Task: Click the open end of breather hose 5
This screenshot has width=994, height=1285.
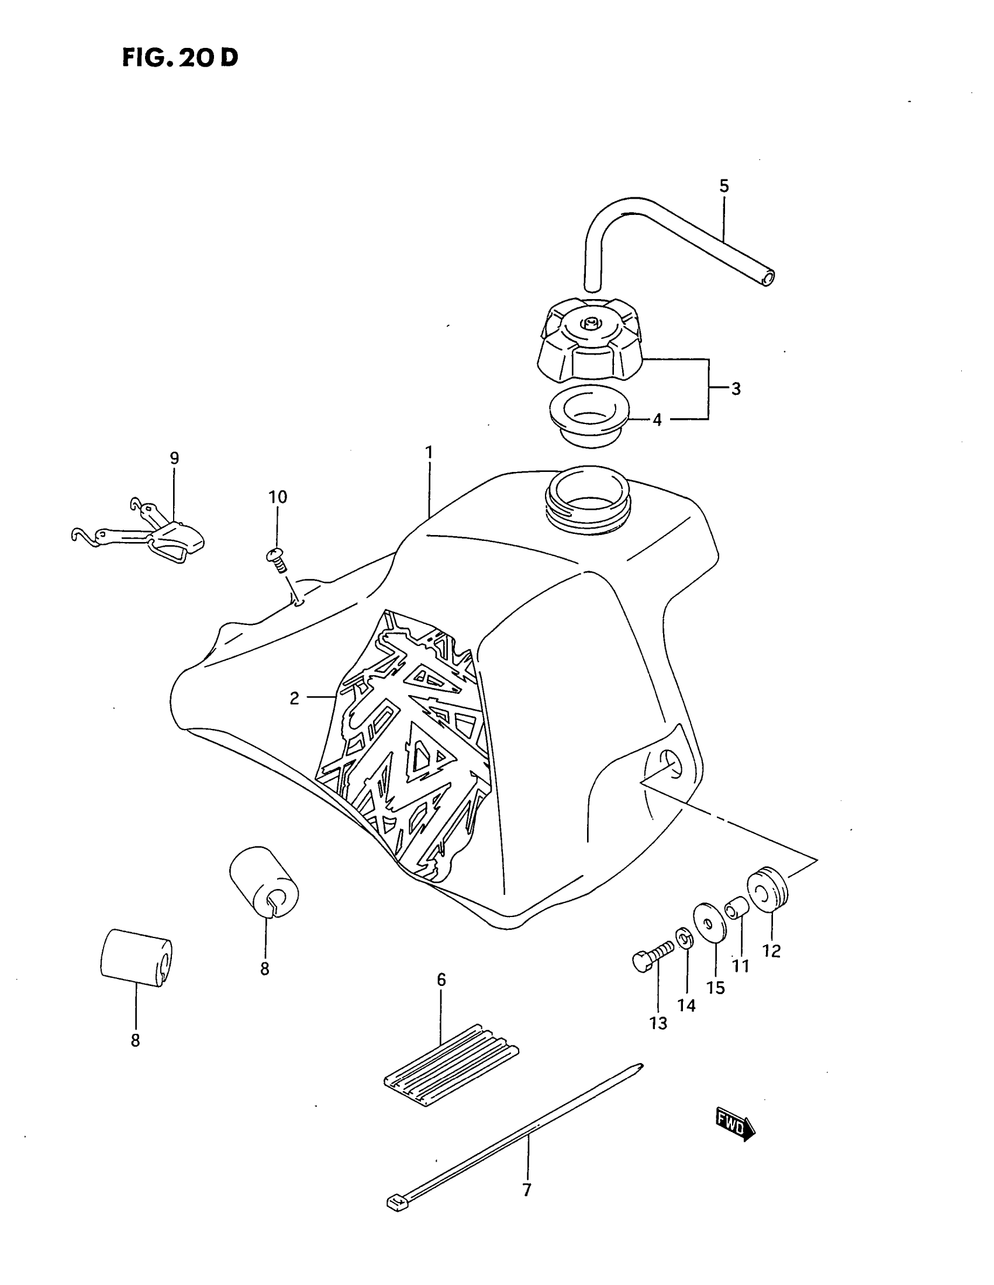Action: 767,277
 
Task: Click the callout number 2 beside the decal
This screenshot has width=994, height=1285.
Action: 295,699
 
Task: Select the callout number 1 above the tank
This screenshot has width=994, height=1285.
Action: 429,452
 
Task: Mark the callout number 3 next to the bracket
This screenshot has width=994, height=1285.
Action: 736,389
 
